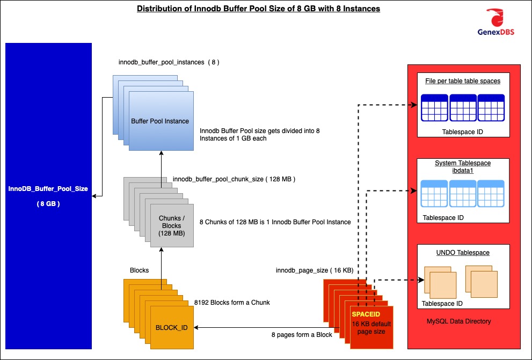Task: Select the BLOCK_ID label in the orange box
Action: click(171, 327)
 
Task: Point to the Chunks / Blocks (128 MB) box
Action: click(171, 226)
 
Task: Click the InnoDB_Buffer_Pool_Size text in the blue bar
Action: click(48, 189)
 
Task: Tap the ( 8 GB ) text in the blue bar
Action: click(48, 204)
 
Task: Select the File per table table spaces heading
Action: click(462, 81)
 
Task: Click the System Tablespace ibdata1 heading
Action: click(462, 166)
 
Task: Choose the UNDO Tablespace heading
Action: click(462, 252)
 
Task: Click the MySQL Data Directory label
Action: click(458, 321)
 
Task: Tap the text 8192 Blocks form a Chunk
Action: click(232, 303)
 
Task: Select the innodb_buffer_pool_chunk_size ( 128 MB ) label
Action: click(234, 178)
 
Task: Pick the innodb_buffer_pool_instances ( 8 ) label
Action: click(169, 62)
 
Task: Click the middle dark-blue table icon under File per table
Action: click(462, 108)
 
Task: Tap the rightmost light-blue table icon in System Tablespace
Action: click(490, 194)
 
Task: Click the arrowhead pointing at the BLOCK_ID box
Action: click(196, 327)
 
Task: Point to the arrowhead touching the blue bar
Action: click(95, 196)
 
